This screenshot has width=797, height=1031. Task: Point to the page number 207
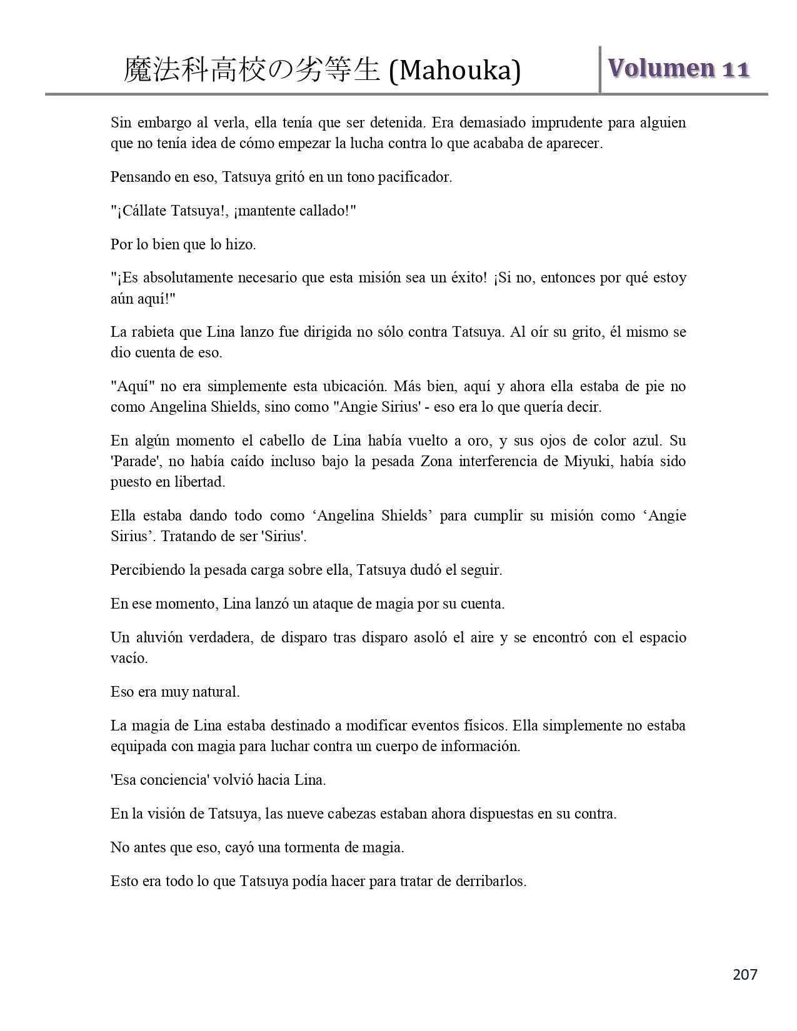tap(744, 974)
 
